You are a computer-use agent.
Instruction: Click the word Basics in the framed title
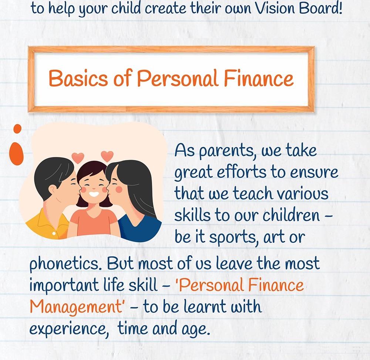pos(78,78)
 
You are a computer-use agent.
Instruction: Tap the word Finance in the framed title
pos(258,78)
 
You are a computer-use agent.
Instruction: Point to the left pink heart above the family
pos(78,158)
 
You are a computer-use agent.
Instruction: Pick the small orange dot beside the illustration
pos(17,129)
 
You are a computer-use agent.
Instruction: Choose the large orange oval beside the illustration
pos(16,154)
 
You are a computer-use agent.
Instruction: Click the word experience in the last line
pos(68,329)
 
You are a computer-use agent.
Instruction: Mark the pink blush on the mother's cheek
pos(119,190)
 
